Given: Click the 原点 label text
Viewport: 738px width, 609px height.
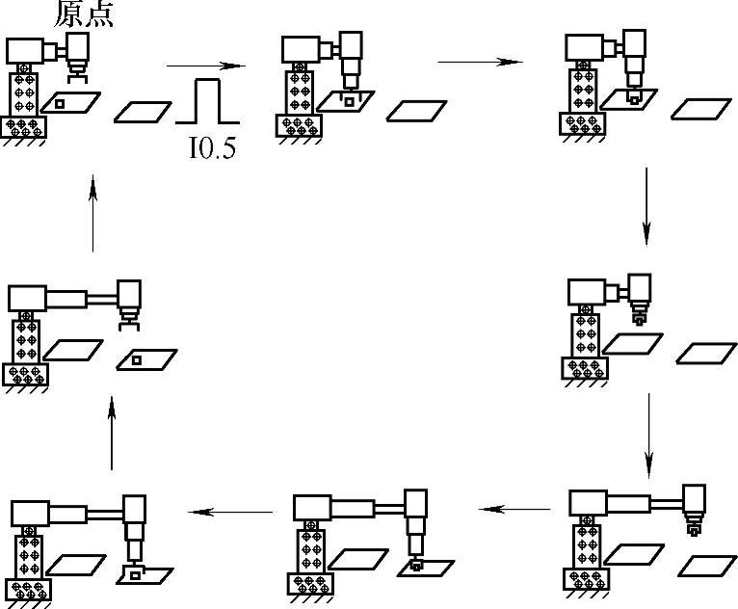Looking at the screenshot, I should (x=84, y=15).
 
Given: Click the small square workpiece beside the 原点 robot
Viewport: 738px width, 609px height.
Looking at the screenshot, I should (x=60, y=103).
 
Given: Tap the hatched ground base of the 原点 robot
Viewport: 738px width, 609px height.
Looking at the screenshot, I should (x=24, y=126).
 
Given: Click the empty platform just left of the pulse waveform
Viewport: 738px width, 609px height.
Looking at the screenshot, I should (x=144, y=111).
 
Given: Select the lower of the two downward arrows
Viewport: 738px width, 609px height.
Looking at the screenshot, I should (x=647, y=428).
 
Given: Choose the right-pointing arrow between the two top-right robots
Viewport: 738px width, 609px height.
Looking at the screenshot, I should (x=479, y=63).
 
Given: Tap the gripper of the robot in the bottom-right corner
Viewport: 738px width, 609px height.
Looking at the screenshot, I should (x=691, y=527).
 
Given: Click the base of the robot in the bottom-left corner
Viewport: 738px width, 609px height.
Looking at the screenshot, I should (x=25, y=589).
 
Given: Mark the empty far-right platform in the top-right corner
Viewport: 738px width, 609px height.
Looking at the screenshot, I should (x=700, y=109).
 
